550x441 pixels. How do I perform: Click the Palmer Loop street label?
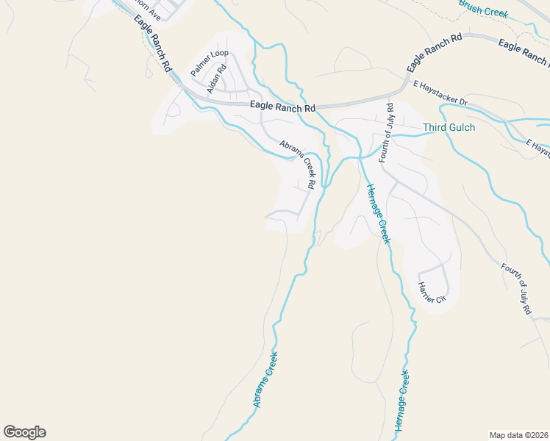(x=210, y=63)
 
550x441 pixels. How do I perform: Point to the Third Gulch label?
(x=449, y=127)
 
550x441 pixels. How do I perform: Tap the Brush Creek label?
(x=484, y=9)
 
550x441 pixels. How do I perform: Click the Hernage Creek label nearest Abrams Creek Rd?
(x=377, y=212)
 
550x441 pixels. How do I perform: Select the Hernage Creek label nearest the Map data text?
(x=401, y=401)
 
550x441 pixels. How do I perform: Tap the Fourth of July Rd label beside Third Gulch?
(x=386, y=133)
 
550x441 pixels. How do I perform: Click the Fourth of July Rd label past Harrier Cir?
(x=516, y=290)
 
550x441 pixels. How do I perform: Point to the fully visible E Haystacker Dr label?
(x=440, y=93)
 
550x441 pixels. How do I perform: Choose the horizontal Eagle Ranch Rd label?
(x=282, y=107)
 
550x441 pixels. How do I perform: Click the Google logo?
(x=24, y=432)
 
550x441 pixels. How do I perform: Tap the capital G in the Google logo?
(x=10, y=432)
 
